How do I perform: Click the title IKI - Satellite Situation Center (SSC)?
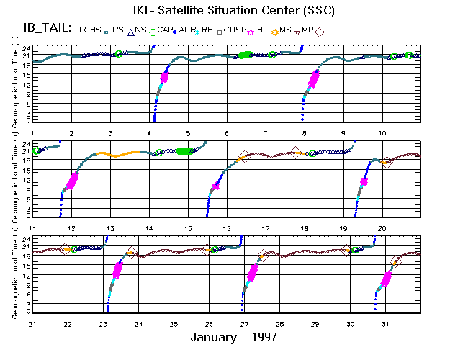[233, 11]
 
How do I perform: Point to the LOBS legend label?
[90, 29]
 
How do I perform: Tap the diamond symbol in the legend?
[320, 31]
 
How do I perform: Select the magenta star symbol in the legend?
[251, 31]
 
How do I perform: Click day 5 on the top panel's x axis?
[188, 134]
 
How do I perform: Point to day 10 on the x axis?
[382, 134]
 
